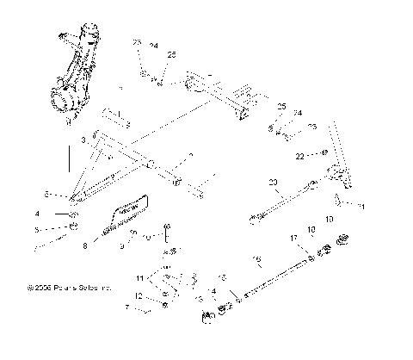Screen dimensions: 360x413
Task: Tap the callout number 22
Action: pyautogui.click(x=299, y=157)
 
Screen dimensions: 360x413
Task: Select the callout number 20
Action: pyautogui.click(x=273, y=183)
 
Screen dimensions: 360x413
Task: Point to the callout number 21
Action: pyautogui.click(x=363, y=207)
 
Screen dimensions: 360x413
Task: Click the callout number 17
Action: pyautogui.click(x=293, y=238)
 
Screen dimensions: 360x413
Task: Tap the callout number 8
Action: pyautogui.click(x=85, y=246)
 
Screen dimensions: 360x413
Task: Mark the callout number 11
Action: pyautogui.click(x=140, y=278)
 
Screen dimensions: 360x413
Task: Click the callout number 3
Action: pyautogui.click(x=83, y=138)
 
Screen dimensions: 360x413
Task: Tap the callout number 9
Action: pyautogui.click(x=122, y=246)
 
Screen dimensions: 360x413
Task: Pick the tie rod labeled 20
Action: pyautogui.click(x=284, y=203)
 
